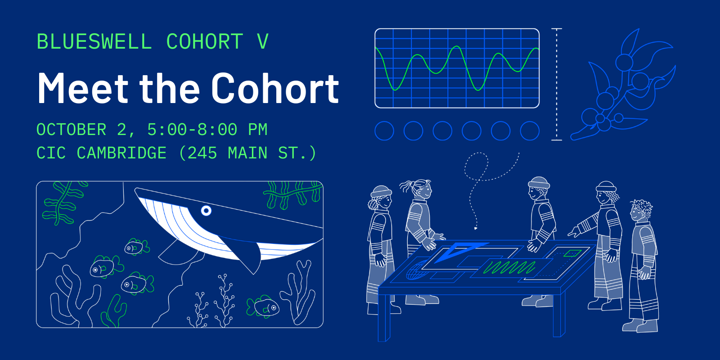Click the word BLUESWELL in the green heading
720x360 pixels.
click(x=94, y=42)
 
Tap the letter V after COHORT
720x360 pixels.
click(x=263, y=42)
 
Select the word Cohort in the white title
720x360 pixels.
click(x=275, y=89)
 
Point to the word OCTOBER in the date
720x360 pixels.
click(x=71, y=130)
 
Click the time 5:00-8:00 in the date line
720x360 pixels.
click(x=192, y=130)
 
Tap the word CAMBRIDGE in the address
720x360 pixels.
click(x=121, y=153)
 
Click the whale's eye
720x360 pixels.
click(x=206, y=210)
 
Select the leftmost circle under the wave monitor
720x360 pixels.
click(x=384, y=131)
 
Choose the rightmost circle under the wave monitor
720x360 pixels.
click(x=530, y=131)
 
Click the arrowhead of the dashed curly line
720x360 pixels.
click(x=476, y=228)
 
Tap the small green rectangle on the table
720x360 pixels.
click(x=572, y=253)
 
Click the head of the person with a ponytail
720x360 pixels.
click(x=422, y=189)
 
